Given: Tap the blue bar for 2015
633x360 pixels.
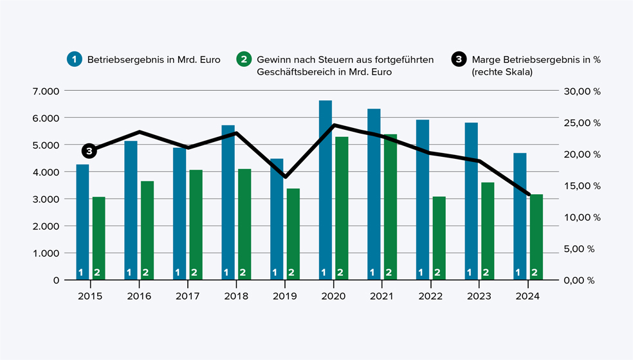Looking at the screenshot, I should pyautogui.click(x=82, y=222).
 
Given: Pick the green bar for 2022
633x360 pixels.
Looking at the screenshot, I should pyautogui.click(x=439, y=238).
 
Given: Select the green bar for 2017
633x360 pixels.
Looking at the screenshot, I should pyautogui.click(x=196, y=225).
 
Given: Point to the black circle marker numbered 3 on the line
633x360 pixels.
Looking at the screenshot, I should pyautogui.click(x=89, y=151).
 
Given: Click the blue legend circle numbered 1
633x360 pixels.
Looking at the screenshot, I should pyautogui.click(x=75, y=59).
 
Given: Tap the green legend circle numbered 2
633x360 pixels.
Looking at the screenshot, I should pyautogui.click(x=244, y=59).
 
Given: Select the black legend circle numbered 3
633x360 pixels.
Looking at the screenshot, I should pyautogui.click(x=459, y=59).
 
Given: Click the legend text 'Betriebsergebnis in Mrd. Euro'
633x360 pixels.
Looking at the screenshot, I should pyautogui.click(x=154, y=59).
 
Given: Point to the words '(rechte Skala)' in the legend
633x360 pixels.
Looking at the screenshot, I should pyautogui.click(x=502, y=72).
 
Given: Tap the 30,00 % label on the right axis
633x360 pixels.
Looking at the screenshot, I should pyautogui.click(x=582, y=91).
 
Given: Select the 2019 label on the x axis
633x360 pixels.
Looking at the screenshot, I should pyautogui.click(x=284, y=296).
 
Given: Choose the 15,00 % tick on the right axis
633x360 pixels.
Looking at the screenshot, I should pyautogui.click(x=582, y=186).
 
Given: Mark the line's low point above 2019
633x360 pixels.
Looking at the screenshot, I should pyautogui.click(x=285, y=177).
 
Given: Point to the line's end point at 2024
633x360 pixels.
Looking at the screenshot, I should pyautogui.click(x=529, y=194).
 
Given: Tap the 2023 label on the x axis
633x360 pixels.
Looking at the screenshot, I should pyautogui.click(x=479, y=296).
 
